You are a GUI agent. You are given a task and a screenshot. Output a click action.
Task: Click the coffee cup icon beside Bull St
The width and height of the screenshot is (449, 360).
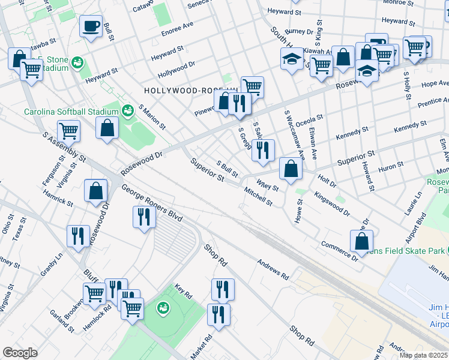point(91,26)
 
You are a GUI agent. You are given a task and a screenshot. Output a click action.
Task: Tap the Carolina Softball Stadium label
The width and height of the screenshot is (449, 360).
point(71,112)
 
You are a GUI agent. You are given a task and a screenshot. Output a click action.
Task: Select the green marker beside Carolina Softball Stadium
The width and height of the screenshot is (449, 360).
point(127,110)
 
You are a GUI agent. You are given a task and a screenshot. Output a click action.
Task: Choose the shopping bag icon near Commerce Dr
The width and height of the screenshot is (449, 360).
point(361,241)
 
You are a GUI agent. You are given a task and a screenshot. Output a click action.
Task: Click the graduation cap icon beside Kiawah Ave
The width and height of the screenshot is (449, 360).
point(292,59)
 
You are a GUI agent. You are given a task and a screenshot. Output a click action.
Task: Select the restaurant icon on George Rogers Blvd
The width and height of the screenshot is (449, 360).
point(143,217)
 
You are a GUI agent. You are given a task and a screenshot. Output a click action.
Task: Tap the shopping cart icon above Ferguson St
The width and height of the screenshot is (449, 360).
point(69,130)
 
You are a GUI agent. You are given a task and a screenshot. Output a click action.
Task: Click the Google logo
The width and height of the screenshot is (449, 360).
point(20,353)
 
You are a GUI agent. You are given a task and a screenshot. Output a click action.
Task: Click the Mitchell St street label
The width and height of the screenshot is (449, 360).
point(259,196)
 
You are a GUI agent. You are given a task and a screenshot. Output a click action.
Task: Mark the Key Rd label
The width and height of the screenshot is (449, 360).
point(182,292)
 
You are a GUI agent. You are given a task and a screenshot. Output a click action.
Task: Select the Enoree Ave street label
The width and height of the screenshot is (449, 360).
point(177,28)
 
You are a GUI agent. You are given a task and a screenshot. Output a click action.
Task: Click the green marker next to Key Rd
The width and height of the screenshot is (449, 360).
point(161,308)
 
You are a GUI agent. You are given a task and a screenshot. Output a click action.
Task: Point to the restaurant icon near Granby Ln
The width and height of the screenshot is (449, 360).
point(78,235)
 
